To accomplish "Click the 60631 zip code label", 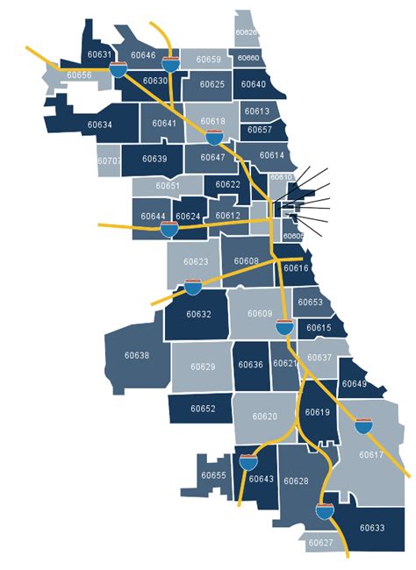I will click(x=100, y=55).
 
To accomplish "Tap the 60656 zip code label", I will click(x=79, y=76).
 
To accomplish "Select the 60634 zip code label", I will click(x=100, y=125).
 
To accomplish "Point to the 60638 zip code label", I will click(x=137, y=356).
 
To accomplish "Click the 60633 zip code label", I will click(x=371, y=528).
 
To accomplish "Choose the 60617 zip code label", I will click(x=371, y=454).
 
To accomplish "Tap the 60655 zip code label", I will click(x=213, y=475).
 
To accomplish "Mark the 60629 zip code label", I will click(x=203, y=366).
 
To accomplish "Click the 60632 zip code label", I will click(x=199, y=314).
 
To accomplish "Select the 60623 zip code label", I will click(x=196, y=262).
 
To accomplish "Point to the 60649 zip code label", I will click(x=354, y=384).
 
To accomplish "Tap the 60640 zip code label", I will click(x=253, y=85).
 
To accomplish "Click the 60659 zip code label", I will click(x=209, y=60).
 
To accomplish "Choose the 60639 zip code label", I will click(x=154, y=159).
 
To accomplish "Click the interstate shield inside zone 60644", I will click(x=169, y=231).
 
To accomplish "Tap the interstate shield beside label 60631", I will click(x=118, y=68).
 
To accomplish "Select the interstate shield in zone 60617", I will click(x=362, y=428).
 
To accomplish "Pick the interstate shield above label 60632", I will click(x=193, y=287).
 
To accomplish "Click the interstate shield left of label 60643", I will click(x=249, y=461).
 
